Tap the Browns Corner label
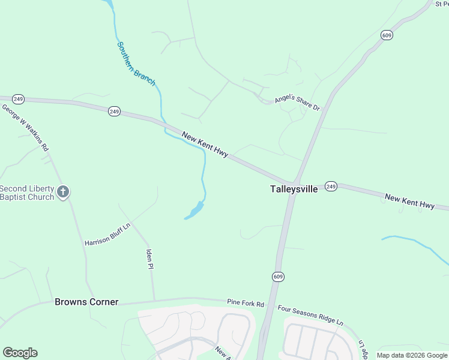click(86, 302)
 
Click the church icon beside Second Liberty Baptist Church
click(63, 192)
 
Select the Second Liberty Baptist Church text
click(27, 193)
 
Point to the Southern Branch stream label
click(136, 63)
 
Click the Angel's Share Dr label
click(298, 103)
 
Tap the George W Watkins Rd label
click(25, 127)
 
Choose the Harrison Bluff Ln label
click(107, 234)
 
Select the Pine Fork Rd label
click(246, 304)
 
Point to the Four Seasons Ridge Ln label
click(310, 315)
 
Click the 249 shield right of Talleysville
click(331, 187)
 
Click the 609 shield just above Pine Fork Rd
click(277, 277)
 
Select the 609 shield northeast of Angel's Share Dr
click(387, 35)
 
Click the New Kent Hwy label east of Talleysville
click(410, 202)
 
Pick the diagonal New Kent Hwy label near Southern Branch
click(205, 146)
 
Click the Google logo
click(20, 353)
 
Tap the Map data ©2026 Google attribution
click(412, 355)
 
